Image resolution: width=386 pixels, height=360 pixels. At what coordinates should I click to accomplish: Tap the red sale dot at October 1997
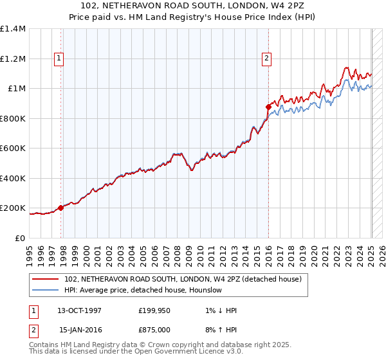pyautogui.click(x=61, y=208)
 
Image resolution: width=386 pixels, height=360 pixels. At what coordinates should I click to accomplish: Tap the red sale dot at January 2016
pyautogui.click(x=268, y=107)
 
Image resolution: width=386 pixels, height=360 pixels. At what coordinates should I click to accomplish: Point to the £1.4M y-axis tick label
pyautogui.click(x=13, y=29)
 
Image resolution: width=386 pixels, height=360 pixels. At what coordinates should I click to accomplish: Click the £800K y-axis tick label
pyautogui.click(x=12, y=118)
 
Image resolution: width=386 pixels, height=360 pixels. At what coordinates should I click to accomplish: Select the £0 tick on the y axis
pyautogui.click(x=21, y=238)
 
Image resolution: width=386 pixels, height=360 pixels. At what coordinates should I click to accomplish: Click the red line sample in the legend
pyautogui.click(x=46, y=279)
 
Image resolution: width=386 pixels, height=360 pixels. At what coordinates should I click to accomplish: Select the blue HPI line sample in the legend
pyautogui.click(x=46, y=290)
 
